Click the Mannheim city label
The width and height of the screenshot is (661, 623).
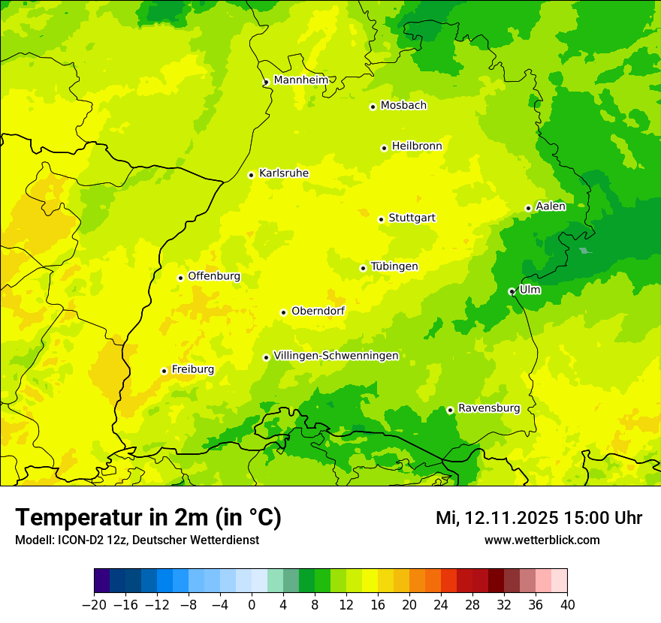[x=300, y=80]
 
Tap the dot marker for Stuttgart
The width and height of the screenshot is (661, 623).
[x=381, y=219]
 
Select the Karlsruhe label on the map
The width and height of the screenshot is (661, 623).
[x=283, y=173]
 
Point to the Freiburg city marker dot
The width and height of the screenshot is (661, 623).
[x=164, y=371]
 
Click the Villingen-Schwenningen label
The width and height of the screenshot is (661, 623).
[x=336, y=356]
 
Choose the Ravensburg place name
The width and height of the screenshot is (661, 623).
[x=488, y=408]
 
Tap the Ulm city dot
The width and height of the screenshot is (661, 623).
[x=512, y=291]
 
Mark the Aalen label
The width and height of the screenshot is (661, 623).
[x=551, y=206]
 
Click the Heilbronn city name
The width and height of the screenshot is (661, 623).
[x=417, y=146]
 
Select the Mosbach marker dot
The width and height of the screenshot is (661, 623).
[x=373, y=107]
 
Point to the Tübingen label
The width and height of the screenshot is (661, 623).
[x=394, y=266]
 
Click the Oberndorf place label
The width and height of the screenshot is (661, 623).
[x=318, y=311]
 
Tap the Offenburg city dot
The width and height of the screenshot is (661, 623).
[x=180, y=278]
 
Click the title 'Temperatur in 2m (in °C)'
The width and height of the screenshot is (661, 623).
[x=148, y=517]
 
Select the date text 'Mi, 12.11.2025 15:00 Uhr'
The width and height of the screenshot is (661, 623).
[x=539, y=518]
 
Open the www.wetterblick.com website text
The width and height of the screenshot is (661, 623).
[x=542, y=540]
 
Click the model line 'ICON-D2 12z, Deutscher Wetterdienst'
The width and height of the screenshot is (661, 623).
[x=137, y=540]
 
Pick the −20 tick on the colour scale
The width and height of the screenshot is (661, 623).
[x=95, y=604]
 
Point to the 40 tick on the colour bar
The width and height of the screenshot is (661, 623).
[x=567, y=604]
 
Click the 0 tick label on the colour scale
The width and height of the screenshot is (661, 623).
[x=252, y=604]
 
